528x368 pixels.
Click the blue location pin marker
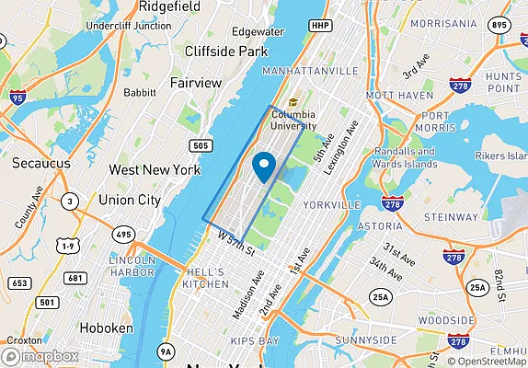(264, 167)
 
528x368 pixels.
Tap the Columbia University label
(293, 120)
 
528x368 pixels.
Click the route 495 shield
(123, 236)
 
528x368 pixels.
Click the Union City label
(130, 200)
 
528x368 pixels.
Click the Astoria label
(379, 225)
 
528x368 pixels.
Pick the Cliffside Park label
(225, 52)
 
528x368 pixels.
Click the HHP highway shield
(319, 25)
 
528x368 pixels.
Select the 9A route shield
(166, 351)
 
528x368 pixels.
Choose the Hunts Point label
(504, 82)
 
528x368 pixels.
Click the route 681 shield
(75, 278)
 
